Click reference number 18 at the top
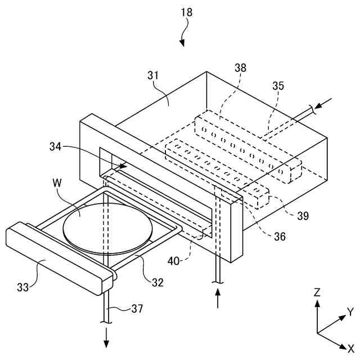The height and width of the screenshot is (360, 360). click(x=186, y=12)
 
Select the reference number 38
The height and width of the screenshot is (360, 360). click(x=241, y=67)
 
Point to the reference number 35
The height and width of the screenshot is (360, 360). click(x=278, y=86)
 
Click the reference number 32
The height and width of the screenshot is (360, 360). click(x=157, y=282)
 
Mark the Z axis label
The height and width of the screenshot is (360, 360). click(x=317, y=292)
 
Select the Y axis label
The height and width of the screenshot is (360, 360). click(x=350, y=311)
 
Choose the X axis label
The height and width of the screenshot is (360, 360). click(x=350, y=348)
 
